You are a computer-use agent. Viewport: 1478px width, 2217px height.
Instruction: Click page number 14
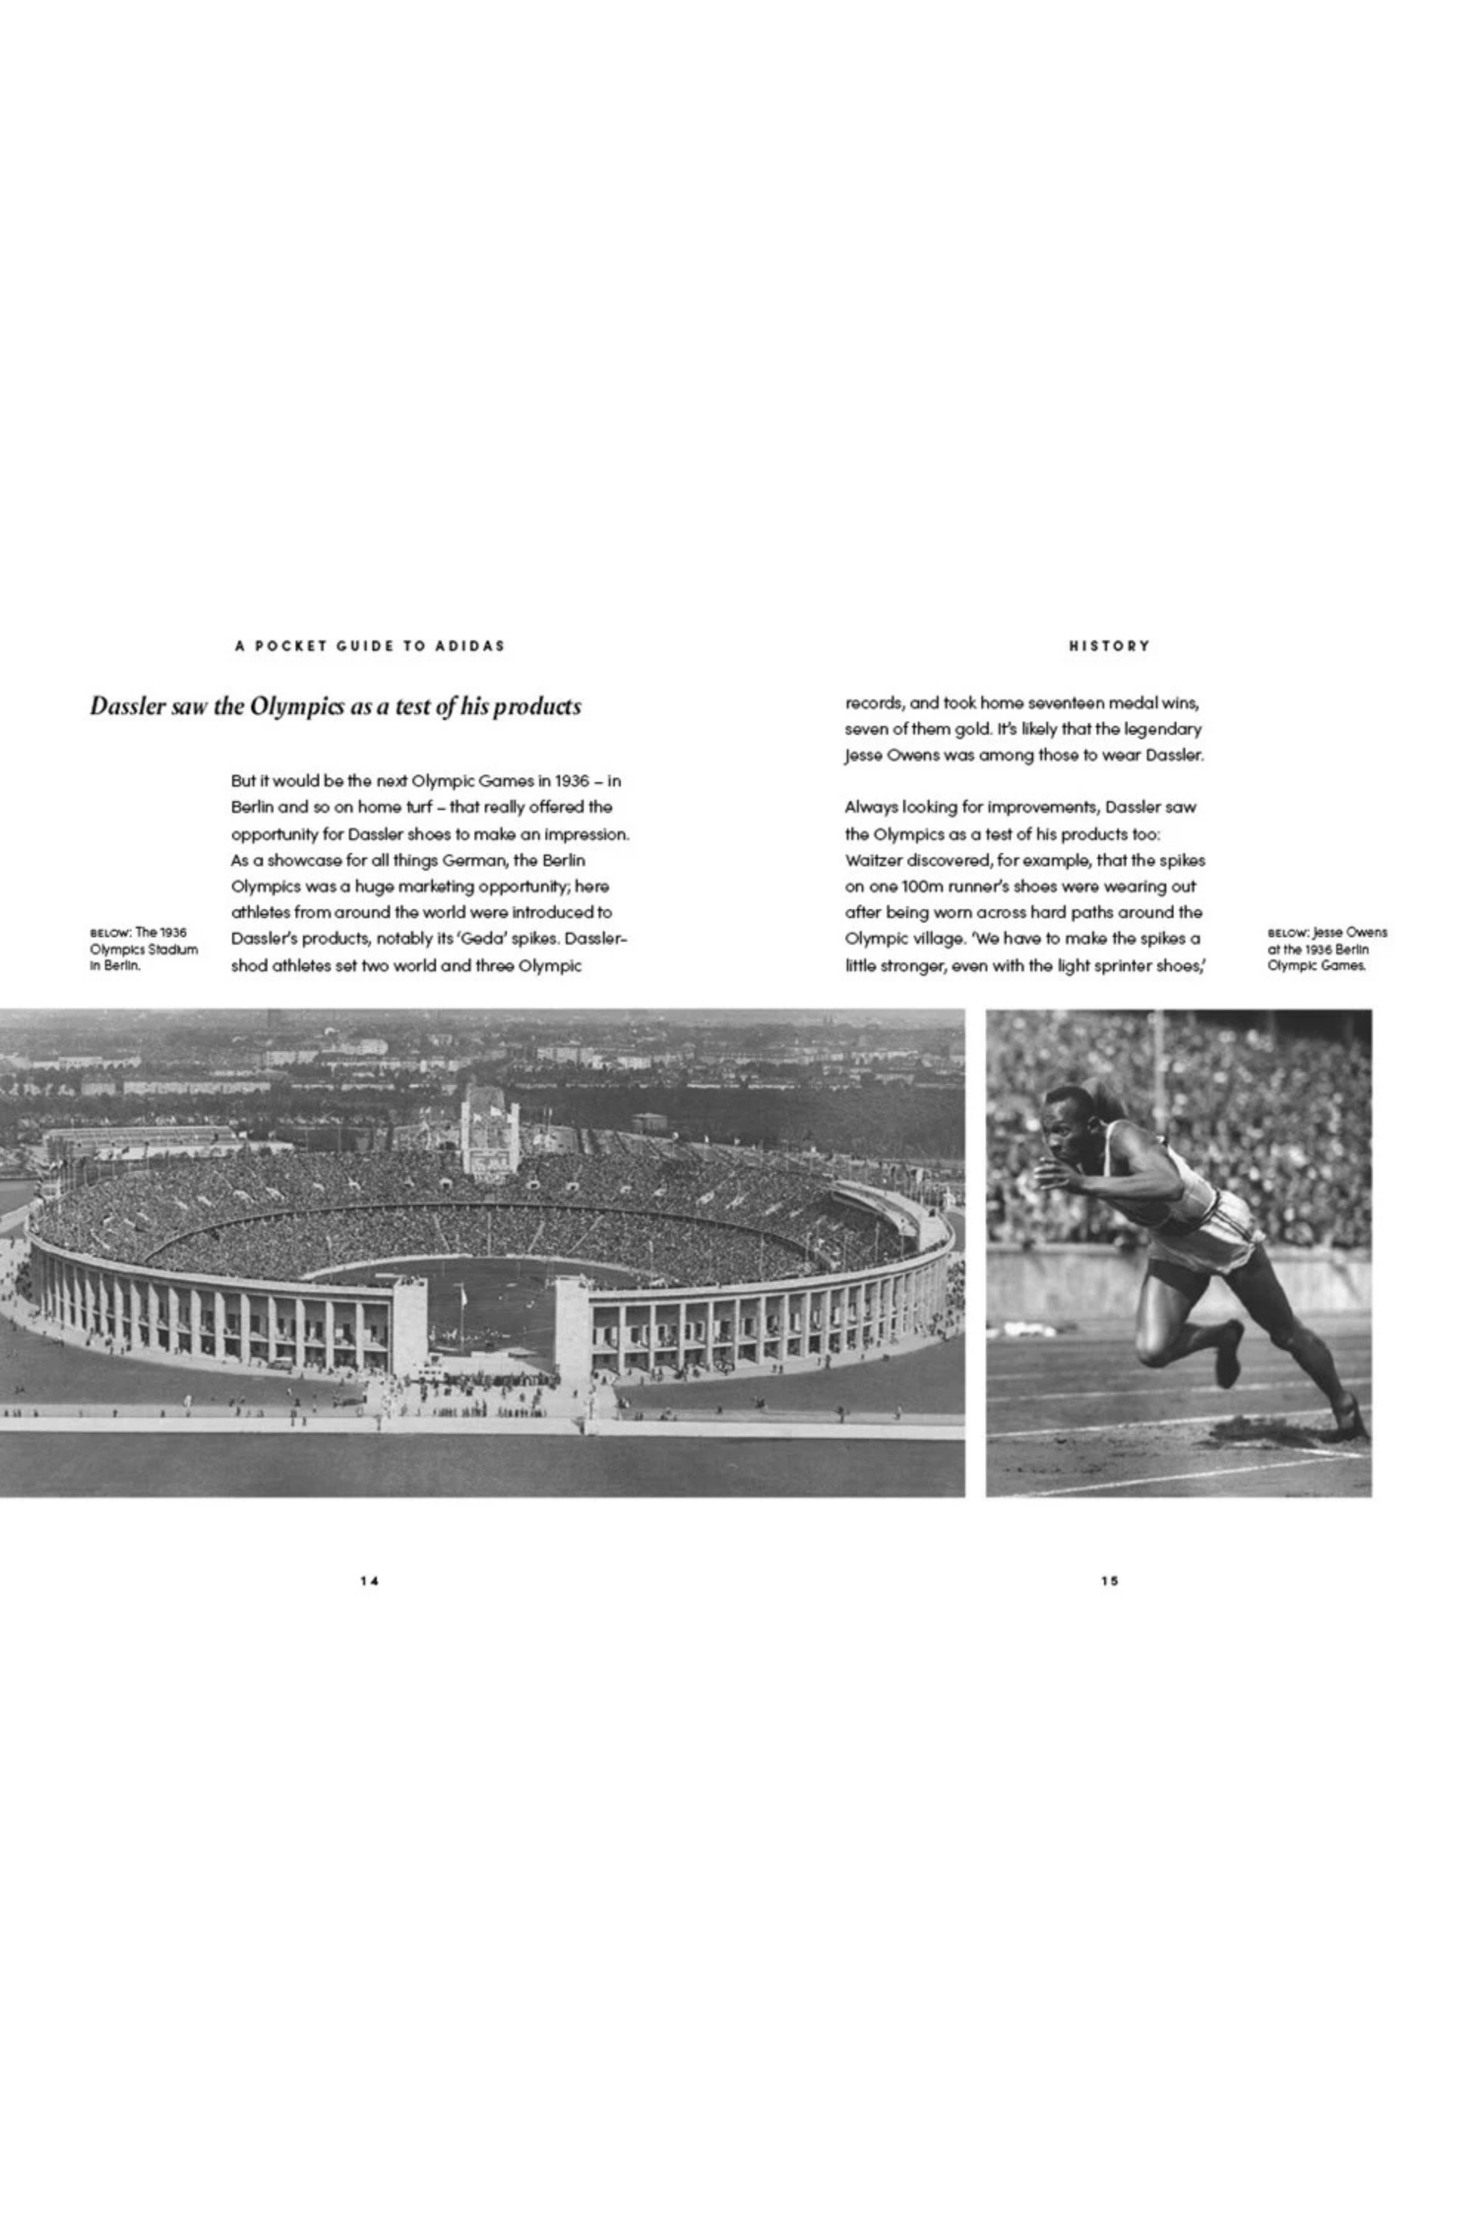coord(369,1581)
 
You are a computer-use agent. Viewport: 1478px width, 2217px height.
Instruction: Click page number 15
coord(1109,1581)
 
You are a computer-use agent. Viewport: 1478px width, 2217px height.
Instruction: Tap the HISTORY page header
coord(1109,646)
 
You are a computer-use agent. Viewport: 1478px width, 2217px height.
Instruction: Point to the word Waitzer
coord(873,861)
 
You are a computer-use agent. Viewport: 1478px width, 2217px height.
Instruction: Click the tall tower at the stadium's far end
coord(489,1131)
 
